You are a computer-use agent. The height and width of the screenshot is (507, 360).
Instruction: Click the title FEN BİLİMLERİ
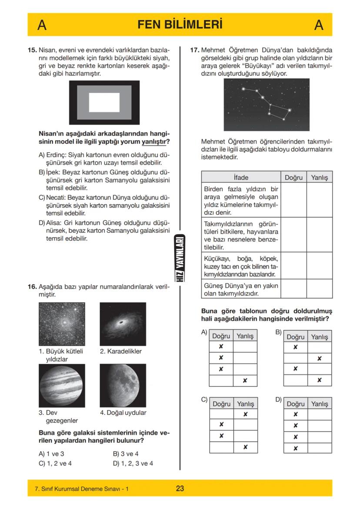pyautogui.click(x=180, y=25)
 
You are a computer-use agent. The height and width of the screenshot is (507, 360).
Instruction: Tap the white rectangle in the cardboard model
pyautogui.click(x=104, y=103)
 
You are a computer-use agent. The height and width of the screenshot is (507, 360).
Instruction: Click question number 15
pyautogui.click(x=32, y=50)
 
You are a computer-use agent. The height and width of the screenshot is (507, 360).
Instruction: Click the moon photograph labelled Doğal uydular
pyautogui.click(x=122, y=385)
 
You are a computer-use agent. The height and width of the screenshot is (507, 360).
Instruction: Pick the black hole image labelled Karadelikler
pyautogui.click(x=123, y=324)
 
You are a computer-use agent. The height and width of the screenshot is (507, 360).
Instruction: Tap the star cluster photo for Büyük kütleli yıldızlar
pyautogui.click(x=62, y=324)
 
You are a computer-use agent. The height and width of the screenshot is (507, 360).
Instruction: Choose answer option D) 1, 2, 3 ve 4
pyautogui.click(x=133, y=463)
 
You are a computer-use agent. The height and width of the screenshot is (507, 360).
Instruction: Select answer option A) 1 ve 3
pyautogui.click(x=51, y=454)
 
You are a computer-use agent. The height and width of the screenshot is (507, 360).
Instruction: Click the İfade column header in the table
pyautogui.click(x=241, y=177)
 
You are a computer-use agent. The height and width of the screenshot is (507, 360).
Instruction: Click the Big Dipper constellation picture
pyautogui.click(x=267, y=105)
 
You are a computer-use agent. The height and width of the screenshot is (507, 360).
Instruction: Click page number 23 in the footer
pyautogui.click(x=180, y=488)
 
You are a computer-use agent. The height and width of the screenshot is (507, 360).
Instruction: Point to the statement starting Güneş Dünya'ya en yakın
pyautogui.click(x=241, y=290)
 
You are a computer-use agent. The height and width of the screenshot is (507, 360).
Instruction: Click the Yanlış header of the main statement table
pyautogui.click(x=320, y=177)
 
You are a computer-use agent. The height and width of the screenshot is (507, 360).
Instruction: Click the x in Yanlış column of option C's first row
pyautogui.click(x=245, y=414)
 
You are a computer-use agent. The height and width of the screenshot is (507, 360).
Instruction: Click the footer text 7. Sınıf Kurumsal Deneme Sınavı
pyautogui.click(x=81, y=489)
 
